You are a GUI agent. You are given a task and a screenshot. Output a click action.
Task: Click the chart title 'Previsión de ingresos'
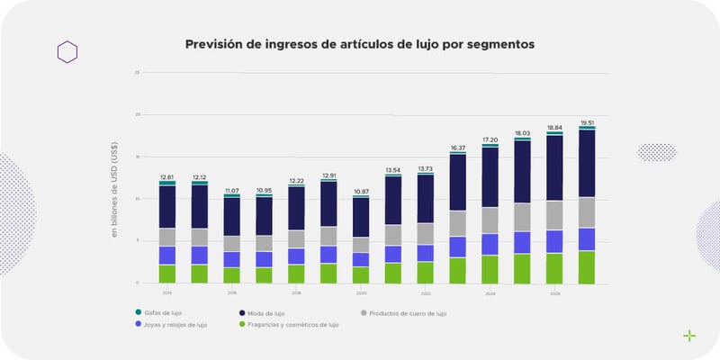[x=359, y=43]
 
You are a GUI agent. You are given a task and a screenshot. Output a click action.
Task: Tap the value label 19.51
[x=587, y=121]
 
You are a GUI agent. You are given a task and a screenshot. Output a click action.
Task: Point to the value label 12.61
[x=166, y=177]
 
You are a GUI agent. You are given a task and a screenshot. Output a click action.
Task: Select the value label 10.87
[x=360, y=192]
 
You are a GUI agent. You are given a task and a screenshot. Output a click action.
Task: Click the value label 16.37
[x=457, y=148]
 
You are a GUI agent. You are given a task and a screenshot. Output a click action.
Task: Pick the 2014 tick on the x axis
[x=166, y=292]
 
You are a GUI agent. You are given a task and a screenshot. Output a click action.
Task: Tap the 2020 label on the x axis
[x=360, y=292]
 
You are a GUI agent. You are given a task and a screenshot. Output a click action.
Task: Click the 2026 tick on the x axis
[x=554, y=292]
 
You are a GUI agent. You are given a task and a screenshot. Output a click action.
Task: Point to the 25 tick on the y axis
[x=137, y=73]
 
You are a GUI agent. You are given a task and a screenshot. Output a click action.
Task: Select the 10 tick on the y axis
[x=137, y=199]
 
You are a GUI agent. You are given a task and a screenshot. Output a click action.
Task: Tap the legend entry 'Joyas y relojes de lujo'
[x=171, y=323]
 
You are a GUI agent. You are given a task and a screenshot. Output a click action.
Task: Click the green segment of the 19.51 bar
[x=587, y=267]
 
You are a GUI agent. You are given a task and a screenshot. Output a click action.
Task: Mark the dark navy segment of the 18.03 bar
[x=522, y=171]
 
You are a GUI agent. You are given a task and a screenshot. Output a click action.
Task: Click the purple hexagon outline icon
[x=67, y=52]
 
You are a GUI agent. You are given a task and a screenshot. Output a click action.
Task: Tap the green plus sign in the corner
[x=688, y=336]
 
